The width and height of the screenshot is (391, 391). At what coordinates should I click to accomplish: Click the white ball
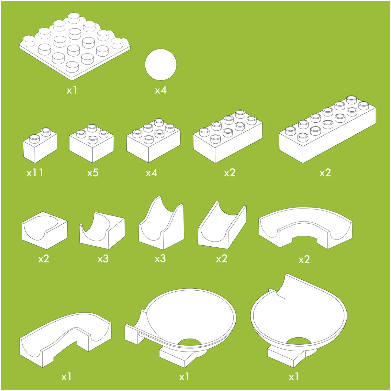(x=161, y=65)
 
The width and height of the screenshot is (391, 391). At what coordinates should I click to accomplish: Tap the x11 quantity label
(x=35, y=173)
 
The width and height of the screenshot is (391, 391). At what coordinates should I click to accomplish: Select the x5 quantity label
(x=93, y=173)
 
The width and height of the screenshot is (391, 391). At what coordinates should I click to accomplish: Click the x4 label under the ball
(x=161, y=90)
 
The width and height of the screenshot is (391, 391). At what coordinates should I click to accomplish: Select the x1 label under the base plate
(x=72, y=90)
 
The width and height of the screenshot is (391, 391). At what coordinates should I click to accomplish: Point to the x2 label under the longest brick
(x=325, y=173)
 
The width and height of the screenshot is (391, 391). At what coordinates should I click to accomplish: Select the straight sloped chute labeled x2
(x=222, y=225)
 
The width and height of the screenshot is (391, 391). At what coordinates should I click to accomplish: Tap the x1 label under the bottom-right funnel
(x=294, y=377)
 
